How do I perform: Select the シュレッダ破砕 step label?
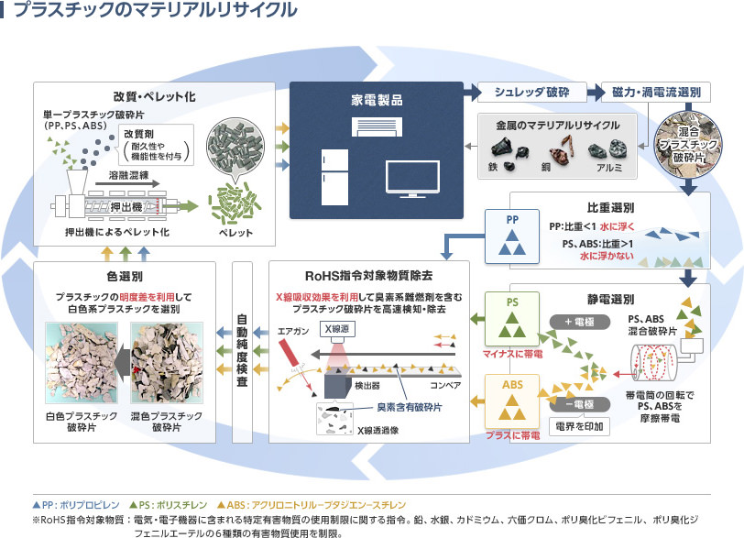(531, 93)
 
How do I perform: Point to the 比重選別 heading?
(609, 207)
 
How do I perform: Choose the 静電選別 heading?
(609, 299)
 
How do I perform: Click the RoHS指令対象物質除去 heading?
(368, 276)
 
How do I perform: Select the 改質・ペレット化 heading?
(154, 96)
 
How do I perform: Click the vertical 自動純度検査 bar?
(243, 353)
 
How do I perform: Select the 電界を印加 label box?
(577, 426)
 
